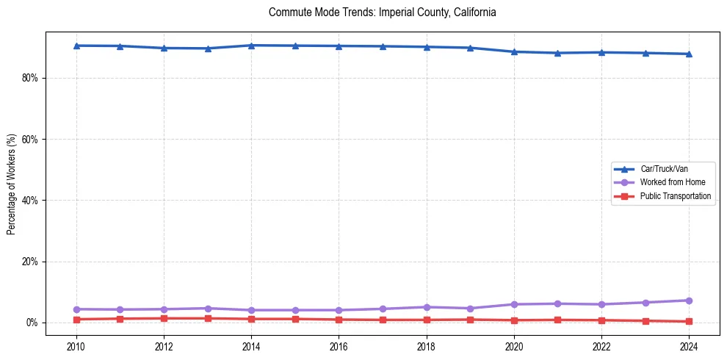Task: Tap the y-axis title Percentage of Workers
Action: click(11, 184)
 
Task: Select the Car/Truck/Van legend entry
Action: click(664, 169)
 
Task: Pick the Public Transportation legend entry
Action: click(675, 196)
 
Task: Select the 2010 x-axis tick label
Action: click(76, 345)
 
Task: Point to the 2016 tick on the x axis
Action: click(339, 345)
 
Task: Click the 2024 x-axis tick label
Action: click(689, 345)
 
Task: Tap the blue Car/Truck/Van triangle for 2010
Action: click(76, 46)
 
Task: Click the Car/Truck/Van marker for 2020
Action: click(514, 51)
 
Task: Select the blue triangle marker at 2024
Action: click(689, 54)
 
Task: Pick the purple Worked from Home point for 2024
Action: click(689, 300)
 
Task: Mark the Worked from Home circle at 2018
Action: click(427, 307)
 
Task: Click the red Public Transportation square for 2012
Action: click(164, 318)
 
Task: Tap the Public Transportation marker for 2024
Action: click(689, 321)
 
